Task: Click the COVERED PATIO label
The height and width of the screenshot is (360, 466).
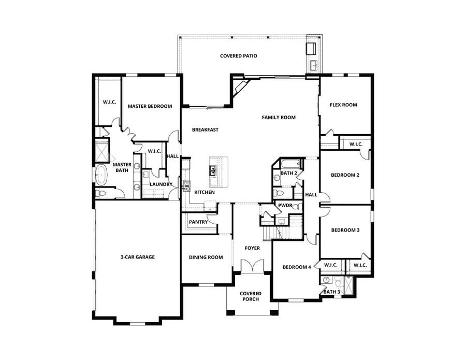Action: coord(238,56)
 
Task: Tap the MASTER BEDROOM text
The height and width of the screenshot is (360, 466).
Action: coord(150,106)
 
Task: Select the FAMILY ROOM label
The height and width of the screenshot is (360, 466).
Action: coord(279,118)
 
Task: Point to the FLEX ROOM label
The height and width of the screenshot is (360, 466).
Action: coord(343,105)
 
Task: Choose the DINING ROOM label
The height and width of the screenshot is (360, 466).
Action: coord(206,257)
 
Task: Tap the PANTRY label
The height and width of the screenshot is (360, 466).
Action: coord(198,222)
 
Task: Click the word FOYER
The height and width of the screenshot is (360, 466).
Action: coord(252,248)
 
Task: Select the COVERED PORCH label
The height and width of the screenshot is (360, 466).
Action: coord(251,296)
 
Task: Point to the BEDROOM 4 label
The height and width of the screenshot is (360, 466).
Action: coord(297,267)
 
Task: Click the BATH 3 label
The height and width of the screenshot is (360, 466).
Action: coord(332,292)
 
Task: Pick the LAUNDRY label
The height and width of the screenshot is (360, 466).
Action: coord(161,184)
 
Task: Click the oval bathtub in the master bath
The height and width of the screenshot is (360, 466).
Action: coord(101,175)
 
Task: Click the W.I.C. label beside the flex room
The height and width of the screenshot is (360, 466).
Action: coord(356,144)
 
